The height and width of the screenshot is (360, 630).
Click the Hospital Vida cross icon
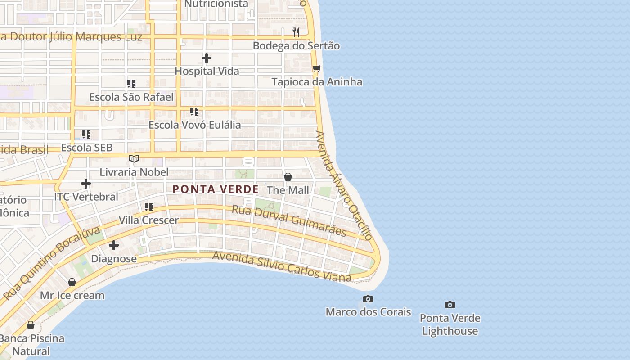(207, 58)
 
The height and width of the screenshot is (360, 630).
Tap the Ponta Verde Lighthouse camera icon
(450, 305)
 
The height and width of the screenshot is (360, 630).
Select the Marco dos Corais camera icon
(368, 299)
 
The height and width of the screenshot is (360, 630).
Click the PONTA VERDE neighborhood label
(216, 189)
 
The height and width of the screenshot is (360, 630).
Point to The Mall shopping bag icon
(288, 177)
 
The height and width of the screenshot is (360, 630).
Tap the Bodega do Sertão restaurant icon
(296, 32)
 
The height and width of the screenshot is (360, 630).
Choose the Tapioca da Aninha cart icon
(317, 69)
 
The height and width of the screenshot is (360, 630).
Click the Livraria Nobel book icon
(134, 158)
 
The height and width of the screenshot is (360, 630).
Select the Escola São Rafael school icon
(131, 84)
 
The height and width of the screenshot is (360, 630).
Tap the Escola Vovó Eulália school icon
(194, 112)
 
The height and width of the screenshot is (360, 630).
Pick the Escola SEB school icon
(86, 135)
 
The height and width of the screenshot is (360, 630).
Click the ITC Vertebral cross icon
(86, 184)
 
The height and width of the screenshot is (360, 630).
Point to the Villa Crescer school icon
(149, 207)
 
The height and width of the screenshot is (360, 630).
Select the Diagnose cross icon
(114, 245)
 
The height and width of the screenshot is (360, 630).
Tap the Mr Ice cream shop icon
(72, 282)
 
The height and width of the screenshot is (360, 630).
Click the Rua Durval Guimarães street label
(289, 220)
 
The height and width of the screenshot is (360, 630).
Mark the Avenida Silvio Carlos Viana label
(282, 266)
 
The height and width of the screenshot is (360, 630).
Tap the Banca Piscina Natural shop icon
(31, 325)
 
